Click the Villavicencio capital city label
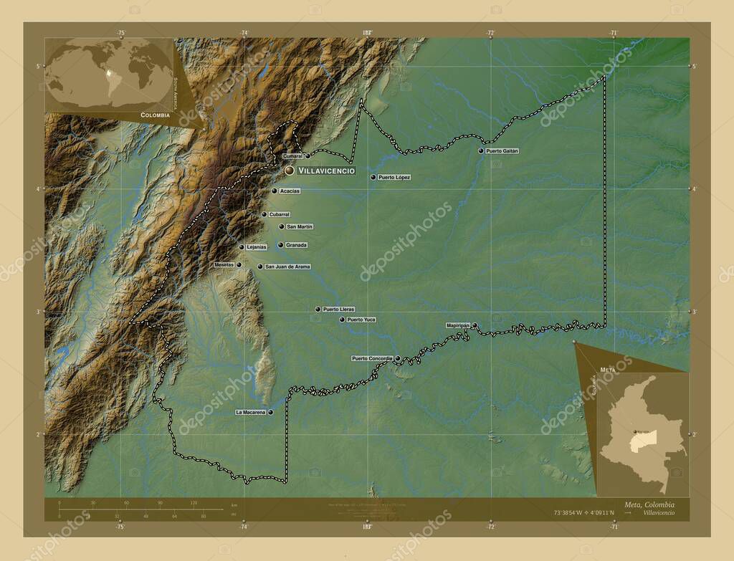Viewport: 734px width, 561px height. (326, 171)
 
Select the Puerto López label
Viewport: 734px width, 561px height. (394, 177)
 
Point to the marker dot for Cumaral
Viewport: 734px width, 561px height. (308, 155)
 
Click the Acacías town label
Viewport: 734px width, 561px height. (290, 191)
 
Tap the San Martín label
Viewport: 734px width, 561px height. (300, 226)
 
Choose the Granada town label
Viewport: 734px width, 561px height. (296, 245)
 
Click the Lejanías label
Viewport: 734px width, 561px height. (257, 247)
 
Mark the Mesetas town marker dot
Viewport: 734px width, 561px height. (239, 265)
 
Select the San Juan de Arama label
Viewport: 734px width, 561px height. (287, 267)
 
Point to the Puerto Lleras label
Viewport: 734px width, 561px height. (338, 310)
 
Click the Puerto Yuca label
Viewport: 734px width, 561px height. (361, 320)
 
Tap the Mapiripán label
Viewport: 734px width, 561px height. (458, 325)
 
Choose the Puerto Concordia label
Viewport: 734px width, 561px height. (372, 358)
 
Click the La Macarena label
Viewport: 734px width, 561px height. (250, 412)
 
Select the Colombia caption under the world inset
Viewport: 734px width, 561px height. (155, 115)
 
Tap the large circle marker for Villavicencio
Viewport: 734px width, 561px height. (289, 171)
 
